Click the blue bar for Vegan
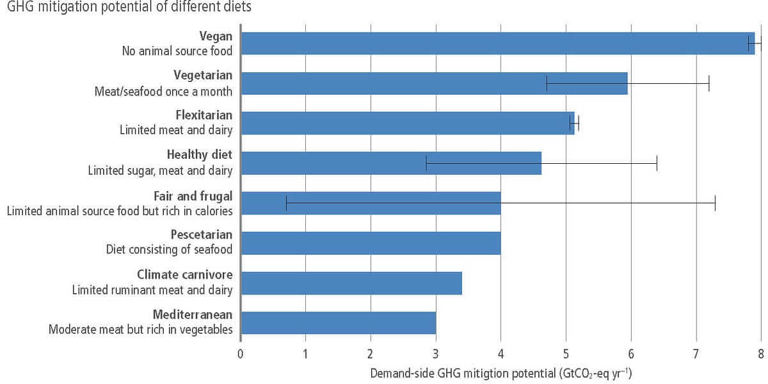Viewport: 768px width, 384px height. tap(498, 43)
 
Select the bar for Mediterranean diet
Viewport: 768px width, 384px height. tap(339, 323)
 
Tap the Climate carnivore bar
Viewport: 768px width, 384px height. tap(351, 283)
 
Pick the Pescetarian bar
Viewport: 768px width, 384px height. tap(371, 243)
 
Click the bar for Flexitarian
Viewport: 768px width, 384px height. tap(407, 123)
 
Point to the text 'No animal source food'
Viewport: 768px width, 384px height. tap(177, 50)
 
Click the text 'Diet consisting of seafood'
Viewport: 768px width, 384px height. tap(169, 249)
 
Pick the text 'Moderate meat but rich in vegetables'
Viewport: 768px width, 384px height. tap(141, 330)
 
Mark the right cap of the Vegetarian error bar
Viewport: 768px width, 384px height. tap(709, 83)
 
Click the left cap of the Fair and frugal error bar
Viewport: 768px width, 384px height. tap(286, 203)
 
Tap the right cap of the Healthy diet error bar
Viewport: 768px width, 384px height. tap(657, 163)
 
